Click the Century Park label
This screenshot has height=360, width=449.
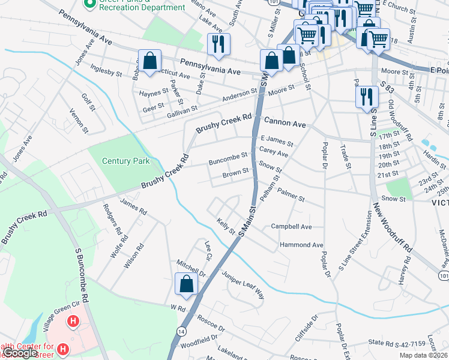click(125, 161)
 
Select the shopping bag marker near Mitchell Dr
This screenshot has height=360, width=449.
click(186, 284)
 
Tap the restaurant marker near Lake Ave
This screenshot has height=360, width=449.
click(217, 44)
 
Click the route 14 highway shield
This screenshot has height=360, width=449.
click(181, 331)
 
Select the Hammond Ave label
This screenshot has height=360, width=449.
click(301, 245)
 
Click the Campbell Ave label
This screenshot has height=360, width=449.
click(291, 227)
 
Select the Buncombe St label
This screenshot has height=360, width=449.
click(228, 155)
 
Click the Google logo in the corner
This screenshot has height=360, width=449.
click(20, 353)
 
